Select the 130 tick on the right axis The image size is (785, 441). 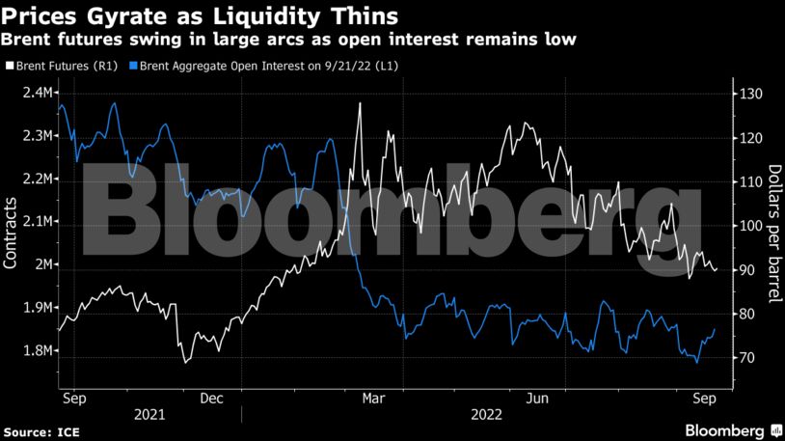pos(751,94)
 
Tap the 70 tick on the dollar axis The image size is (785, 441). pos(747,358)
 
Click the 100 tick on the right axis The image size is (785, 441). pos(751,226)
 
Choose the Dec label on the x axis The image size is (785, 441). pos(214,397)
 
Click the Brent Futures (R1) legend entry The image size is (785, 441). pos(65,67)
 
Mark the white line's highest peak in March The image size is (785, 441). pos(360,103)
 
